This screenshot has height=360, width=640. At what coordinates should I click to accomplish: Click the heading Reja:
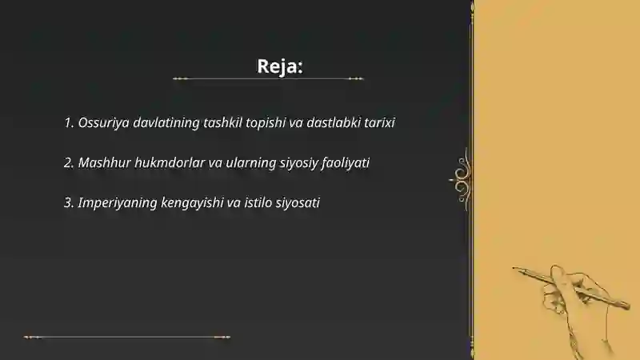tap(280, 66)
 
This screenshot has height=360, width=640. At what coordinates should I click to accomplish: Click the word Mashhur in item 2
tap(105, 163)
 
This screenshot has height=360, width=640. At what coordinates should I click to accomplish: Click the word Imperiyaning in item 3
tap(114, 203)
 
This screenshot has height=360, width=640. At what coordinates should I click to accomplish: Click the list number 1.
tap(68, 123)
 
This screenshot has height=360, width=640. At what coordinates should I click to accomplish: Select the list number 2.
tap(68, 163)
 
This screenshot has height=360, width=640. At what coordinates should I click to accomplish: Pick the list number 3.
tap(68, 203)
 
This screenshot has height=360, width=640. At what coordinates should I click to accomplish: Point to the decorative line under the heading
tap(268, 79)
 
